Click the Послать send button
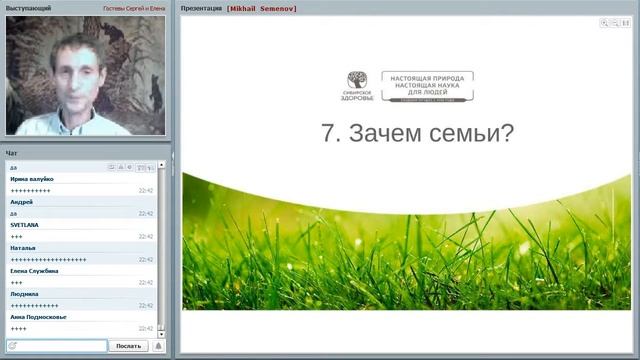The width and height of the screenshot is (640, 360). pos(128,346)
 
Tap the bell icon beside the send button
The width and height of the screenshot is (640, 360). pos(159,346)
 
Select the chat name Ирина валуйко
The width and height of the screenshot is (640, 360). pos(32,179)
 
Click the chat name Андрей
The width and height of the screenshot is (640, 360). pos(21,202)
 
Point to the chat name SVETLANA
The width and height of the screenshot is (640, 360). pos(25,225)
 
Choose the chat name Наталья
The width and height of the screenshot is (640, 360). pos(23,248)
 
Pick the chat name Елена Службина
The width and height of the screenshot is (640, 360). pos(35,271)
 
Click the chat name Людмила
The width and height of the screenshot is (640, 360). pos(25,294)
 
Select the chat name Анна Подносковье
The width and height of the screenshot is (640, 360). pos(39,317)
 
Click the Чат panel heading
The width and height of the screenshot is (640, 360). pos(11,153)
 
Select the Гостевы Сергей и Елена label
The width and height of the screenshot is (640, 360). pos(134,8)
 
